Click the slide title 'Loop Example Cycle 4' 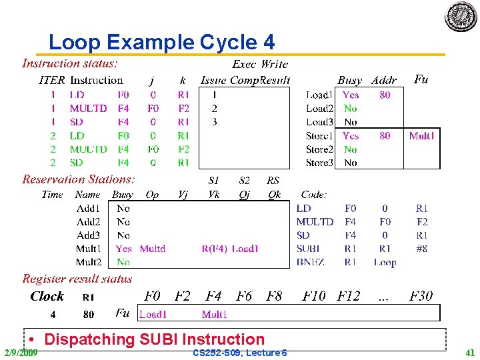161,43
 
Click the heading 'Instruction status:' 70,64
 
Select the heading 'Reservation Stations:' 79,179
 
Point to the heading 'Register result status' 77,279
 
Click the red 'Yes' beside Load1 351,95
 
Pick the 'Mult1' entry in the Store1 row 421,136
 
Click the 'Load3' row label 319,122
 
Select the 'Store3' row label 319,163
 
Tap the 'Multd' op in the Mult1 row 153,249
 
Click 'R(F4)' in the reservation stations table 214,249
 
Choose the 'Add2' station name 88,222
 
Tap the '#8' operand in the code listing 421,249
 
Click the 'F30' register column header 421,295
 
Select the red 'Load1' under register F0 153,313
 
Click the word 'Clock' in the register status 47,296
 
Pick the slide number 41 470,352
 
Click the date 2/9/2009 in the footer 21,352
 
